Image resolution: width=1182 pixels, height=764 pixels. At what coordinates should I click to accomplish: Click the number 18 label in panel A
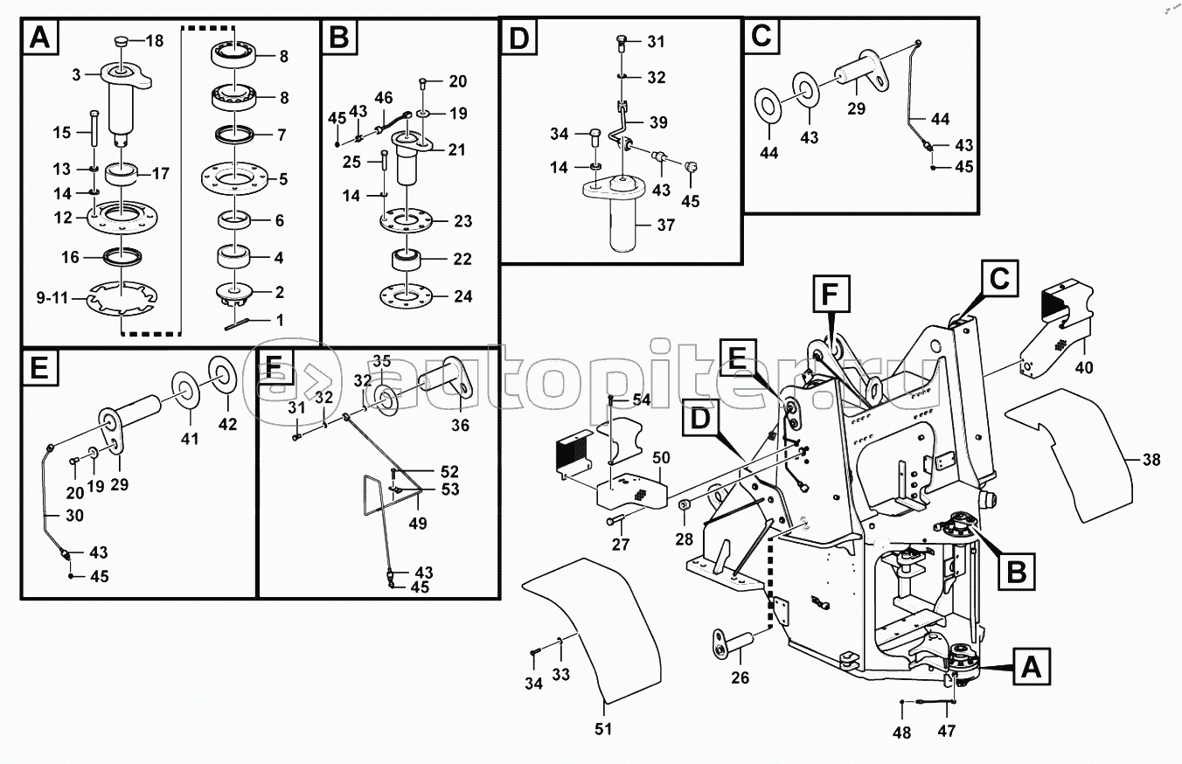tap(154, 41)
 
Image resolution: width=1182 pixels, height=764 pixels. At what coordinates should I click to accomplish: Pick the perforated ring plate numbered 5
tap(234, 180)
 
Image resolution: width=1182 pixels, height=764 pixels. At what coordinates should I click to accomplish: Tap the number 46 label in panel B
tap(384, 98)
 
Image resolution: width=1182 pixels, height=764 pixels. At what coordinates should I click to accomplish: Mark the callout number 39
tap(657, 122)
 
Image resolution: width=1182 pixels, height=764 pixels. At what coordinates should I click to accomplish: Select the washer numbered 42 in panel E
tap(222, 375)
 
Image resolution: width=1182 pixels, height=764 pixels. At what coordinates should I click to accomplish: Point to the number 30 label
tap(75, 516)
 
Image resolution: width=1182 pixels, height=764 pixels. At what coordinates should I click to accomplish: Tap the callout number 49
tap(419, 523)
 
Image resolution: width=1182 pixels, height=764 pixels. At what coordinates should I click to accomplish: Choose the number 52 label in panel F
tap(450, 471)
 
